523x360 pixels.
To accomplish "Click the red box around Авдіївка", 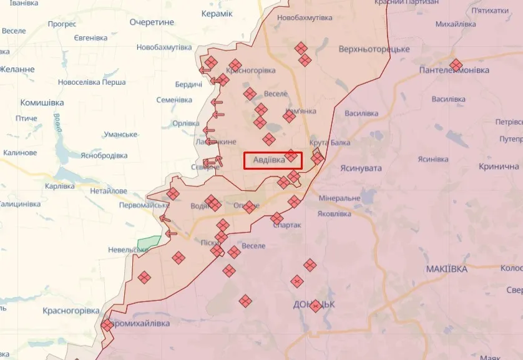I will click(x=273, y=160).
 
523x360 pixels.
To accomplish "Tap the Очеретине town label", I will click(x=152, y=22).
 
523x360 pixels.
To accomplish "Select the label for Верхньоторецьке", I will click(x=374, y=49).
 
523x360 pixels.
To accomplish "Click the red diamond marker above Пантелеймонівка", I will click(x=456, y=64).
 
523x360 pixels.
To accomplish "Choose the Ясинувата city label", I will click(x=361, y=168).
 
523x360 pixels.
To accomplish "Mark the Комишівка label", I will click(x=42, y=102).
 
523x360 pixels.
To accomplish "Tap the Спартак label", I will click(x=287, y=225).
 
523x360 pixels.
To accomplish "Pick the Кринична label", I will click(x=499, y=167).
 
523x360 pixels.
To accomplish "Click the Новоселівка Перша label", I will click(x=92, y=82).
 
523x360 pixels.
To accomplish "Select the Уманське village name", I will click(x=120, y=135).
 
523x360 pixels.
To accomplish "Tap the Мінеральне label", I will click(x=339, y=198).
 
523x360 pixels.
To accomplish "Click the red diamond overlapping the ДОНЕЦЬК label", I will click(x=316, y=306).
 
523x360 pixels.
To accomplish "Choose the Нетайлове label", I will click(x=108, y=191).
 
